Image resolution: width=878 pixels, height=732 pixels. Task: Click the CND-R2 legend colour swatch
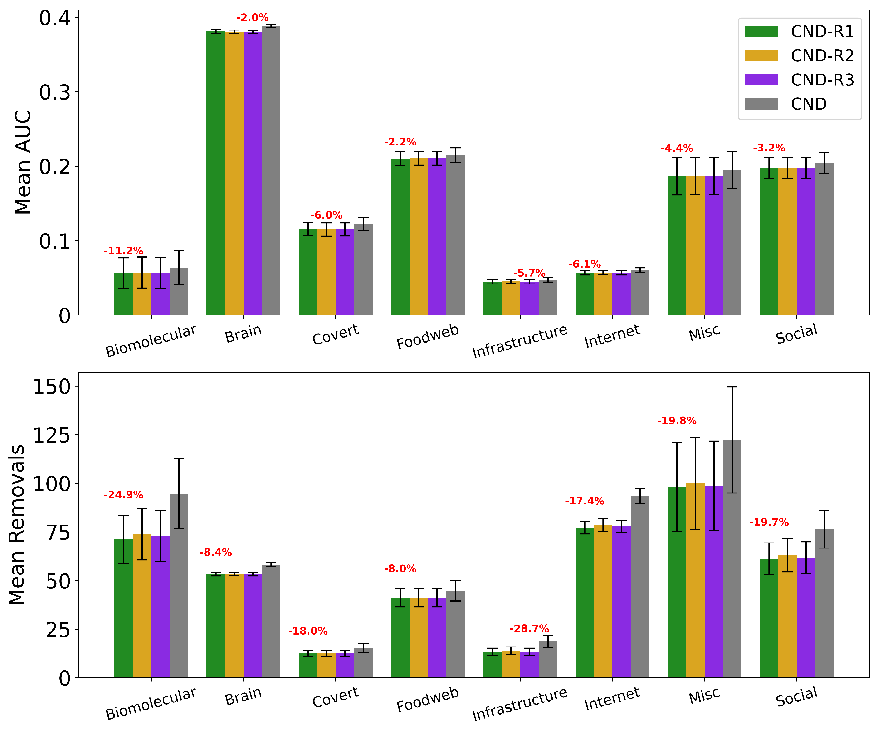point(761,56)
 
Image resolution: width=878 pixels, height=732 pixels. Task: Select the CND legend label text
point(809,104)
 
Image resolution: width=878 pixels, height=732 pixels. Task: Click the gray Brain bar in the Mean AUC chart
point(271,167)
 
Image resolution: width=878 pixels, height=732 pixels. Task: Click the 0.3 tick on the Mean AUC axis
point(55,93)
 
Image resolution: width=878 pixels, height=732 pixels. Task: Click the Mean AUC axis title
point(23,162)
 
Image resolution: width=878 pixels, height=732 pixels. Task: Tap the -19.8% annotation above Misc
point(677,421)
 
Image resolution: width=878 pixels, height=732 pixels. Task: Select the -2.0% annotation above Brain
point(253,18)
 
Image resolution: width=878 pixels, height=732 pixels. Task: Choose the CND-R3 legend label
point(822,80)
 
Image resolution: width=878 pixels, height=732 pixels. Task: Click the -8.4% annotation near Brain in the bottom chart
point(215,553)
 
